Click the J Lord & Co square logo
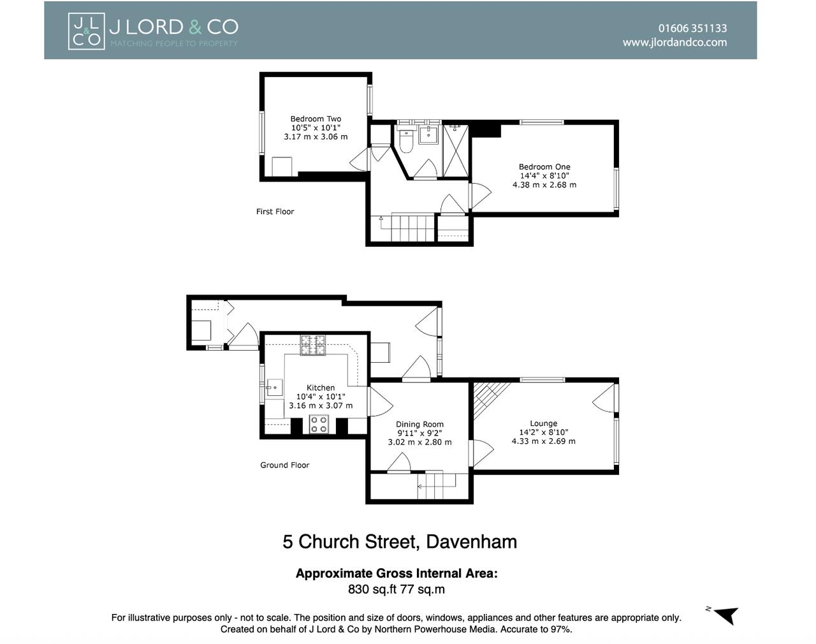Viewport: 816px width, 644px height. (x=86, y=31)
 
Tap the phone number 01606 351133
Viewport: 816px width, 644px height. (x=692, y=29)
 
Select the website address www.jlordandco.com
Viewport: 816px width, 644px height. (x=674, y=42)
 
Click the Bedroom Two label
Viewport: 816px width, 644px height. (x=316, y=119)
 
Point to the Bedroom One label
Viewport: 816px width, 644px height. (x=544, y=166)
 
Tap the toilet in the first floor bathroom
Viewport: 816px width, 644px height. (x=406, y=141)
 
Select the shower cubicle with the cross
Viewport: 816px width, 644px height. (x=456, y=151)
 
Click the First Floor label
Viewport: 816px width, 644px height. (x=275, y=212)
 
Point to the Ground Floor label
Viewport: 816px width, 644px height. (x=284, y=465)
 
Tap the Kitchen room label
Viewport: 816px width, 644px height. (x=321, y=388)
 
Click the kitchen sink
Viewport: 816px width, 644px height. (x=274, y=388)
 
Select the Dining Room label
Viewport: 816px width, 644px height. (x=419, y=425)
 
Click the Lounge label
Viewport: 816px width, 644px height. (x=543, y=423)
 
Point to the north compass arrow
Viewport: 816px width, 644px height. (x=727, y=615)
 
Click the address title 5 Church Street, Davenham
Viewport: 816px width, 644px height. (x=400, y=541)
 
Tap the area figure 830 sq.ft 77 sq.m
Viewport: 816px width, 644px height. (x=397, y=589)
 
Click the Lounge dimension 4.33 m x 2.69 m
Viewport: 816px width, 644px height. (x=543, y=441)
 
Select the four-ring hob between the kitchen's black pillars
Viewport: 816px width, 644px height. (x=319, y=424)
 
